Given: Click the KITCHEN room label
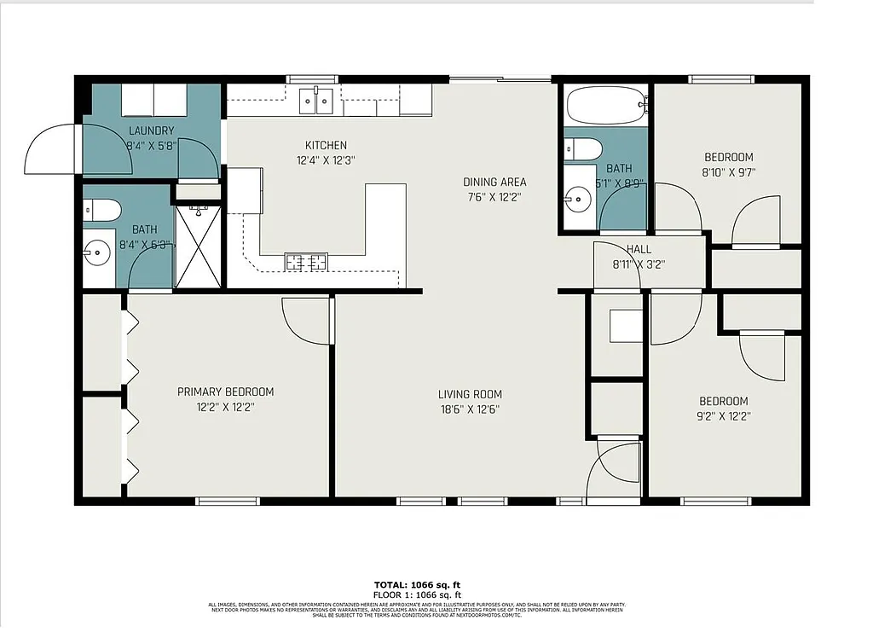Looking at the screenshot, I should coord(326,145).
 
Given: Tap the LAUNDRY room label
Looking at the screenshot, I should coord(151,130).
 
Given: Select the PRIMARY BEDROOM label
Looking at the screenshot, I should coord(225,391).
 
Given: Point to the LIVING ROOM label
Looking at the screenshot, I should coord(470,394).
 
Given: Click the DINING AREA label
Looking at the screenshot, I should coord(494,182).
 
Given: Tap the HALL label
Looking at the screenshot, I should coord(639,249).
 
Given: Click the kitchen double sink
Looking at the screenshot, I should coord(316,101).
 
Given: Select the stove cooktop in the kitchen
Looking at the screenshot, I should coord(305,262).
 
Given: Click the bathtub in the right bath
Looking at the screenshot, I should coord(606,107).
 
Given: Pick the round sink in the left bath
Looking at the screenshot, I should coord(95,252).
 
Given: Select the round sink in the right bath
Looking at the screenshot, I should coord(579,200).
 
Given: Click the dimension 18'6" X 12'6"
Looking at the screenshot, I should coord(470,409).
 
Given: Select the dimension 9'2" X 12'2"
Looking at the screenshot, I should coord(724,416).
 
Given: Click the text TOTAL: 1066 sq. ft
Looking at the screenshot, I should coord(418,584).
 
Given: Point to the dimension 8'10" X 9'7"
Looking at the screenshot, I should coord(728,171).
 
